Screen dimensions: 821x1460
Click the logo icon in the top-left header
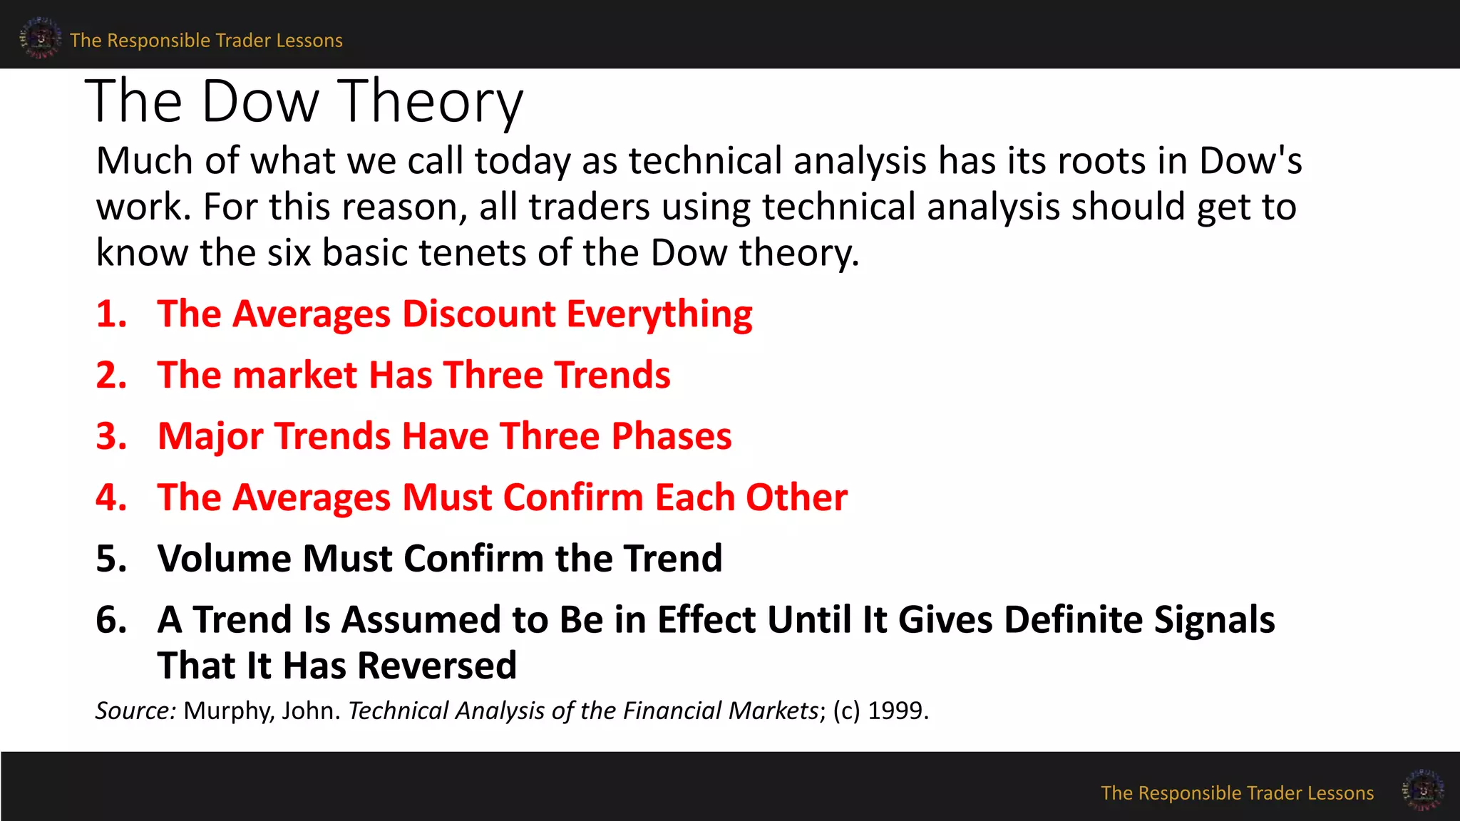(x=40, y=38)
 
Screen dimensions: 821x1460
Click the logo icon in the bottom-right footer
(x=1422, y=790)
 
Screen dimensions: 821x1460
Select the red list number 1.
(x=111, y=314)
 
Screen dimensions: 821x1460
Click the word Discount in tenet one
(x=478, y=314)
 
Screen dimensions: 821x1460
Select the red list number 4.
(x=111, y=497)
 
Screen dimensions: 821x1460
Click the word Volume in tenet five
(x=224, y=558)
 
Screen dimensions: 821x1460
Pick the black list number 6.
(x=111, y=619)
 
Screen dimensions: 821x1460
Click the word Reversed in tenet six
(x=436, y=666)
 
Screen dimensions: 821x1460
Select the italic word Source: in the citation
(x=135, y=711)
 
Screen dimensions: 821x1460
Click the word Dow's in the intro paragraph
(x=1250, y=160)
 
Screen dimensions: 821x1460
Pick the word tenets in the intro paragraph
(x=473, y=252)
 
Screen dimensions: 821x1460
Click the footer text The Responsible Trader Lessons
(x=1237, y=792)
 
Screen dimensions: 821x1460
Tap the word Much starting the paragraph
(x=145, y=160)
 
